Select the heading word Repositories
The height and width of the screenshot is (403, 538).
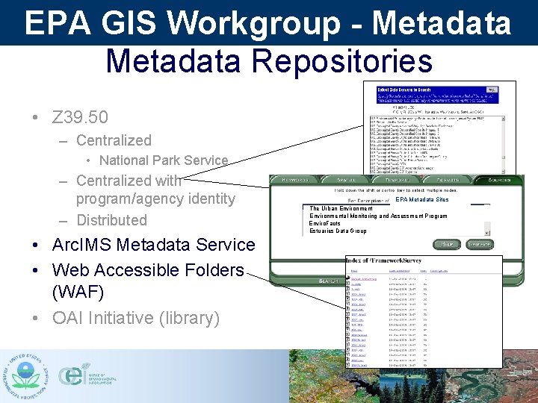[350, 61]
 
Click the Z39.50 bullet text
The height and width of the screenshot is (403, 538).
[80, 117]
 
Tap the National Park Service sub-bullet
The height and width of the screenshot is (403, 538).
[163, 160]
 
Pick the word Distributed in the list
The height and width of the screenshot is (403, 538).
[111, 220]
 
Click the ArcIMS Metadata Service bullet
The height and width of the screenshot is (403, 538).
[153, 245]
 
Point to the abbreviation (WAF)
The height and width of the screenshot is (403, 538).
[78, 292]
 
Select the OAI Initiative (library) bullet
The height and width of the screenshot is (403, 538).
[136, 318]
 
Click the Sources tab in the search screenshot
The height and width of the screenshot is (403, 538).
[496, 180]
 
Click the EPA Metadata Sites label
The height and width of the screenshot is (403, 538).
[421, 200]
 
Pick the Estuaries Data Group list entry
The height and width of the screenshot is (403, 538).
[338, 231]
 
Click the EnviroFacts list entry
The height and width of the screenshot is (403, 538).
[324, 223]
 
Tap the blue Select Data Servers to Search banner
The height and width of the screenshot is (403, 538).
[445, 92]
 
